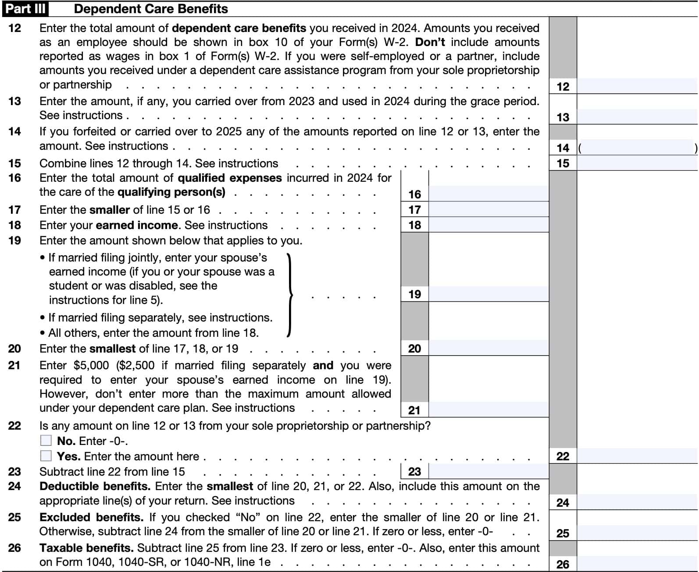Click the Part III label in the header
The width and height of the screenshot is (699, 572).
click(25, 9)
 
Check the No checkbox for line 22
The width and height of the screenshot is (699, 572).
click(46, 440)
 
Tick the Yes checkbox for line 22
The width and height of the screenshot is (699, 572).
click(46, 456)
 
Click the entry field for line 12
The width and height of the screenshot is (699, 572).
click(637, 86)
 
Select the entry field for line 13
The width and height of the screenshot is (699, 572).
click(637, 117)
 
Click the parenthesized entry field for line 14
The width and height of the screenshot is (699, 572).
click(637, 148)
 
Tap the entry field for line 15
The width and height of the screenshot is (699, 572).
click(637, 163)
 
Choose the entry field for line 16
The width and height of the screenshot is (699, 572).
click(488, 194)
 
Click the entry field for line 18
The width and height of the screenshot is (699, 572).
click(488, 225)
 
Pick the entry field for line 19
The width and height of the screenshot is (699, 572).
click(488, 294)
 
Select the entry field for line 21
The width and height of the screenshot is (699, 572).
click(488, 410)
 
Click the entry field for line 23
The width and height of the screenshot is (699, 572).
click(488, 471)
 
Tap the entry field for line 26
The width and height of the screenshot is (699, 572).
click(637, 564)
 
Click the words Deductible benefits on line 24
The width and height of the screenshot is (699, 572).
click(95, 487)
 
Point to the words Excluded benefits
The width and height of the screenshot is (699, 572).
click(91, 517)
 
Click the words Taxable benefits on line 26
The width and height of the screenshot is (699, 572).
click(86, 548)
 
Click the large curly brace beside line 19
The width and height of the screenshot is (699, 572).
click(289, 295)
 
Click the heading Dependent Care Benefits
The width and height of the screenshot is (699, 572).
click(151, 9)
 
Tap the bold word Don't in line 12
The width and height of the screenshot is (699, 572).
click(430, 42)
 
